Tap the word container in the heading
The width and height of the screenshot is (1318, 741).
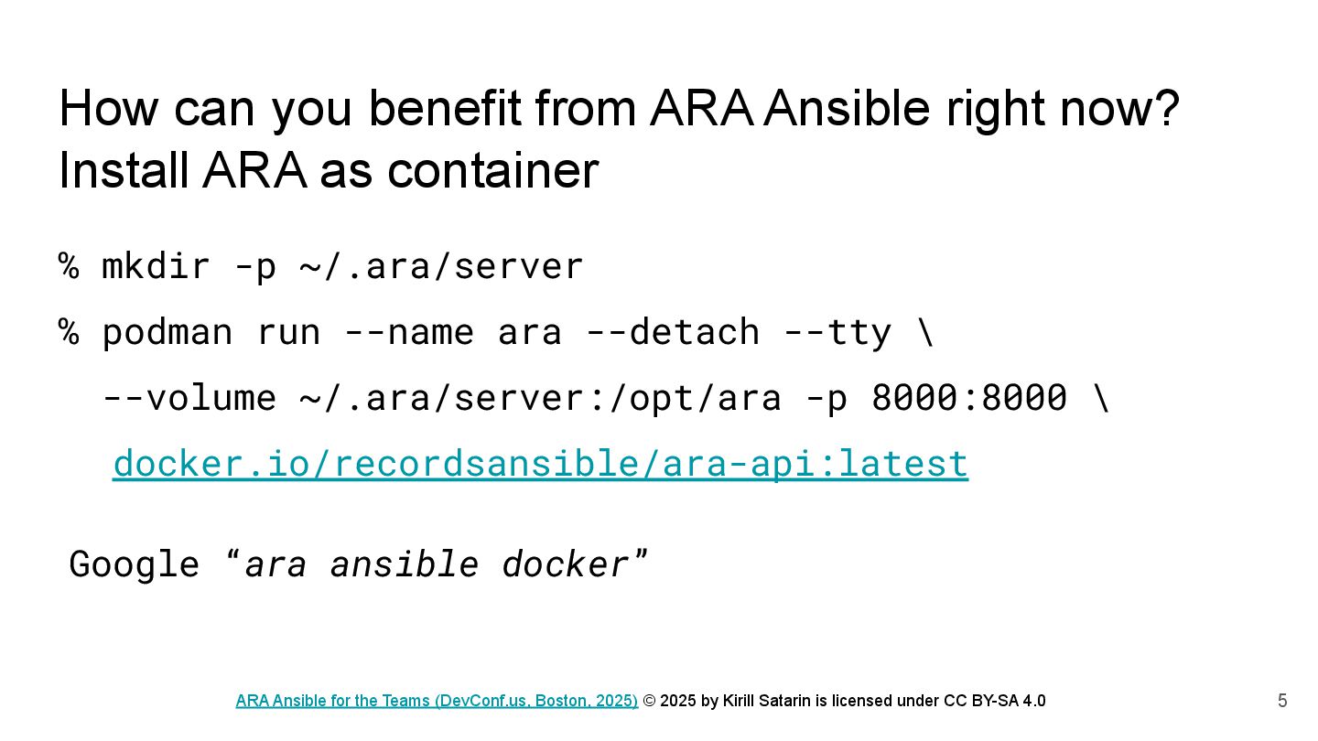492,170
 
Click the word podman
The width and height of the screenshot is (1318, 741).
167,332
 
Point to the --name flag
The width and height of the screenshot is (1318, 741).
409,332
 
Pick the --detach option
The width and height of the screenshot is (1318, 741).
673,332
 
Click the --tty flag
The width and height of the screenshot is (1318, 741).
837,332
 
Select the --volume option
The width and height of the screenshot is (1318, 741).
189,398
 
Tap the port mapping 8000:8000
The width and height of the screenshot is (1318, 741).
968,398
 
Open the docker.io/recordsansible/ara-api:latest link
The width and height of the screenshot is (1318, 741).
540,464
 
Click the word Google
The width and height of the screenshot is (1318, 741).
135,564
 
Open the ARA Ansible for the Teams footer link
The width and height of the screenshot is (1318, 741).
437,701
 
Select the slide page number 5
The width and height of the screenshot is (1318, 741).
1282,702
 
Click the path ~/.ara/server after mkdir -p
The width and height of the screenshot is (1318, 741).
441,266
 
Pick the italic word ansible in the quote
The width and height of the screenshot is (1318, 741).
404,564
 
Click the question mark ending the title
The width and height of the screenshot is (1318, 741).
1168,108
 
